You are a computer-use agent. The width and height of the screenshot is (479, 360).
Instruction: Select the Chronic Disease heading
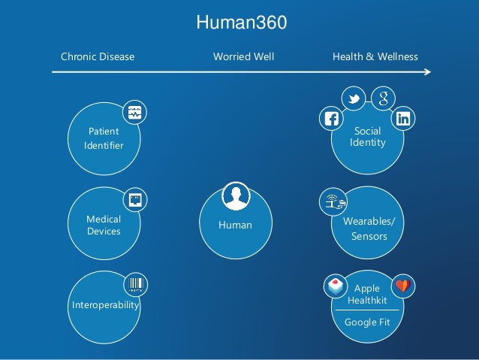pyautogui.click(x=97, y=57)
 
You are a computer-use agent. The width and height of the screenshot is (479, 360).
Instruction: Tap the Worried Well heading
pyautogui.click(x=244, y=57)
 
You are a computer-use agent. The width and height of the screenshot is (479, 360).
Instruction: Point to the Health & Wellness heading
pyautogui.click(x=375, y=57)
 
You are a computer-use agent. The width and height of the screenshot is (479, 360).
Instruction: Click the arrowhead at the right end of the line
pyautogui.click(x=428, y=72)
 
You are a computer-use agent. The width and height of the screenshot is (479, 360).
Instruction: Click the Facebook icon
pyautogui.click(x=330, y=118)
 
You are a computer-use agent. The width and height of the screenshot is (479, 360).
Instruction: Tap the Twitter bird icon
pyautogui.click(x=354, y=98)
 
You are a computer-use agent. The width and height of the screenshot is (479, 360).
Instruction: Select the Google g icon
pyautogui.click(x=383, y=98)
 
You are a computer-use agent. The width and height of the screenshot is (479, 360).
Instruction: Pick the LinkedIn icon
pyautogui.click(x=404, y=117)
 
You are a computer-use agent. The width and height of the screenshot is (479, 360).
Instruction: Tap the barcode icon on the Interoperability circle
pyautogui.click(x=136, y=284)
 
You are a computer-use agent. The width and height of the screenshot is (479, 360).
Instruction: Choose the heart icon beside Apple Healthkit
pyautogui.click(x=403, y=286)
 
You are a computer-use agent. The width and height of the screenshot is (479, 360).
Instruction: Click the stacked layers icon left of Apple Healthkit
pyautogui.click(x=334, y=286)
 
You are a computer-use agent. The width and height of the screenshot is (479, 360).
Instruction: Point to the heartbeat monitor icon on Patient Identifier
pyautogui.click(x=134, y=113)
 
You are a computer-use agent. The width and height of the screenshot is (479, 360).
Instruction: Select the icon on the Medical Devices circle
pyautogui.click(x=134, y=199)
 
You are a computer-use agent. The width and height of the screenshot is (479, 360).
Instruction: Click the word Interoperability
pyautogui.click(x=105, y=307)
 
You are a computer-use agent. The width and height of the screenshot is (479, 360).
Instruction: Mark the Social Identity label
pyautogui.click(x=368, y=136)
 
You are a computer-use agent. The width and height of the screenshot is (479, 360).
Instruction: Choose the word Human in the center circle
pyautogui.click(x=235, y=225)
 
